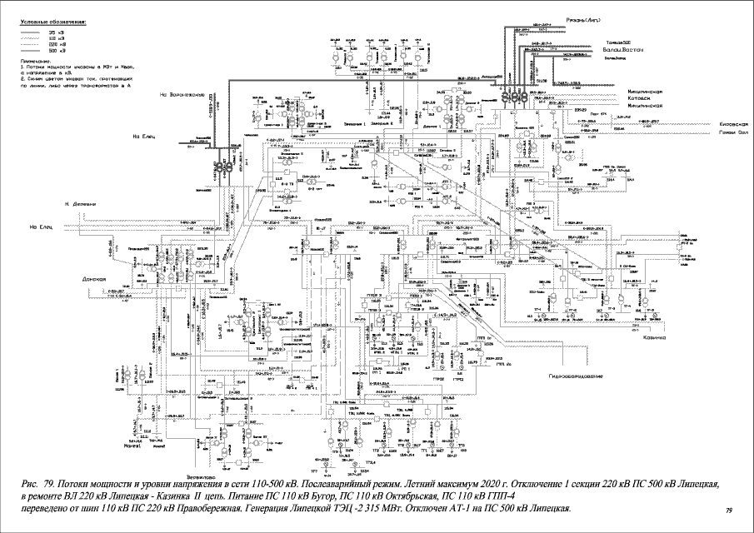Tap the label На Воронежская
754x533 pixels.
pyautogui.click(x=182, y=94)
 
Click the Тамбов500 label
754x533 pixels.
pyautogui.click(x=618, y=42)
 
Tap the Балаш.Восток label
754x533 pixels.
pyautogui.click(x=622, y=51)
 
